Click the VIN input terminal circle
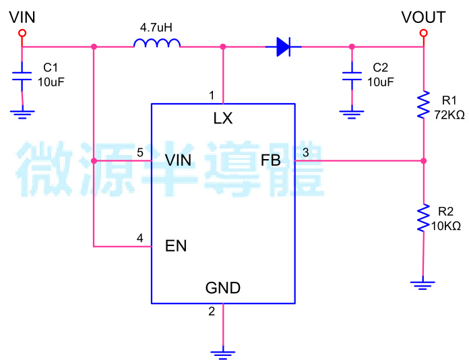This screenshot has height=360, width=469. [22, 32]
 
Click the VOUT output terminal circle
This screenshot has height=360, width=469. [423, 32]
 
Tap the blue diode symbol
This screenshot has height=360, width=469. [283, 47]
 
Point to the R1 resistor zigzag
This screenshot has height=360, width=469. [423, 105]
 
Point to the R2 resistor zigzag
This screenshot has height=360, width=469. [423, 217]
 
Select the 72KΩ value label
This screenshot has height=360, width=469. [449, 115]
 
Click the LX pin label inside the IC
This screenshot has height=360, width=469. [222, 119]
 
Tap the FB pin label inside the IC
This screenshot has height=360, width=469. [270, 160]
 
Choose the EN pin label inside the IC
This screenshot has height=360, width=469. [176, 246]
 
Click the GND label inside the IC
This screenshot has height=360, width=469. [222, 289]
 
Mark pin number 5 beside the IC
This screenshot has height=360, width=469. [139, 153]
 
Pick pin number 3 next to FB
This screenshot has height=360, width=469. [305, 153]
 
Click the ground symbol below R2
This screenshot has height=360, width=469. [423, 284]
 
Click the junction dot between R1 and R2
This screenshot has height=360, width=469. [423, 161]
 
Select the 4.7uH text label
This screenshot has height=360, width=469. [156, 28]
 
